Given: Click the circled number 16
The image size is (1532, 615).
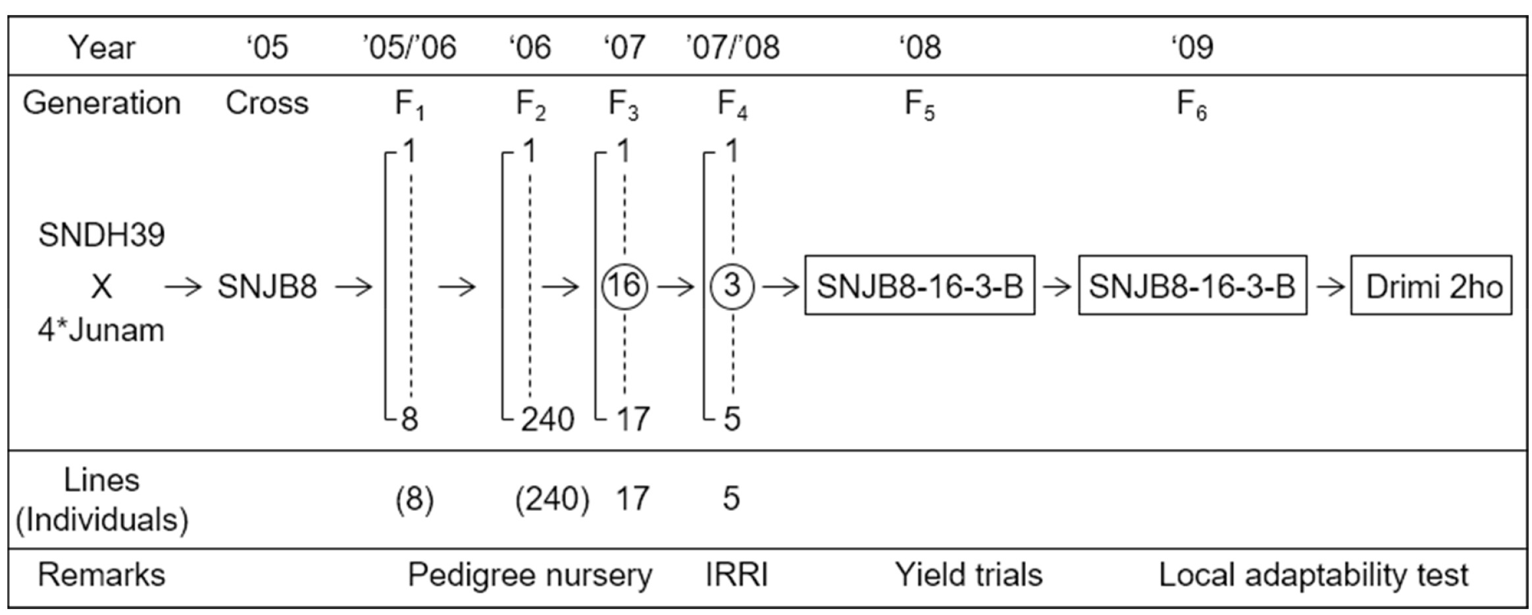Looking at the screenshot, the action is [625, 286].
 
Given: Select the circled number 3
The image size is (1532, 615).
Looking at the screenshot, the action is [732, 286].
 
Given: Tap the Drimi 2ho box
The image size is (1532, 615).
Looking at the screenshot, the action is [1432, 285].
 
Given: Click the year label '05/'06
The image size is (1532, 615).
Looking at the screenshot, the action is [409, 47].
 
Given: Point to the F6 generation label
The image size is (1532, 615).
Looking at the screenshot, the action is [1192, 105].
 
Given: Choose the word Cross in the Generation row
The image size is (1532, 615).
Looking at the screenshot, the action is [267, 103].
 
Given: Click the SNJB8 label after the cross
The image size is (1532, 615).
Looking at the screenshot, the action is [267, 286].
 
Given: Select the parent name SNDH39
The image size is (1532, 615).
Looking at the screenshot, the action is [101, 235].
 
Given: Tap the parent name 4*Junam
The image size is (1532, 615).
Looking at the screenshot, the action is [101, 330].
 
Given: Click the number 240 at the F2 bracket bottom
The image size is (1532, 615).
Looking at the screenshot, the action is [548, 419].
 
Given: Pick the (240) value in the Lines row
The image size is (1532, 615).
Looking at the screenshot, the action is [551, 499].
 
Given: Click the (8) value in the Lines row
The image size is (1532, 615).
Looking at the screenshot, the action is [415, 499].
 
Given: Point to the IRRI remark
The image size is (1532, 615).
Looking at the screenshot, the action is [736, 575].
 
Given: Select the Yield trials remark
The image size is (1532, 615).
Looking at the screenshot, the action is [969, 575].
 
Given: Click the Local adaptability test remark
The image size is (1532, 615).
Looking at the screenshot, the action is [1314, 575].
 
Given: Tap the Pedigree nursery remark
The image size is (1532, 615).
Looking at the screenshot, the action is [530, 575].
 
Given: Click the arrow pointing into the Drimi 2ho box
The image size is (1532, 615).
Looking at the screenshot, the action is [1329, 286].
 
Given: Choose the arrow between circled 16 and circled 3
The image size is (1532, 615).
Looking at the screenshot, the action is [675, 286].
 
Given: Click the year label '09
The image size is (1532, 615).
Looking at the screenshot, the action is [1192, 47].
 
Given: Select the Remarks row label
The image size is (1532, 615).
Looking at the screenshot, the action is [101, 575].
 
